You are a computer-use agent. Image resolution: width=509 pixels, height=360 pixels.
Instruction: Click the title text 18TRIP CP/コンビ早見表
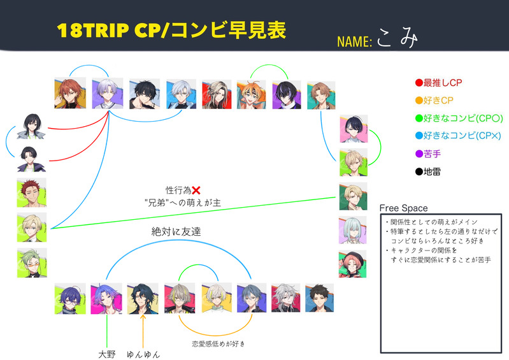pyautogui.click(x=171, y=30)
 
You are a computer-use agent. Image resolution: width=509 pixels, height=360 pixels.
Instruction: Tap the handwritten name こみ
pyautogui.click(x=396, y=39)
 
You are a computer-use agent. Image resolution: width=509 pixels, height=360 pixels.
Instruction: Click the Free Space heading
pyautogui.click(x=403, y=208)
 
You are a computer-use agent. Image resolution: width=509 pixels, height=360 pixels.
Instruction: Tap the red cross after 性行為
pyautogui.click(x=196, y=190)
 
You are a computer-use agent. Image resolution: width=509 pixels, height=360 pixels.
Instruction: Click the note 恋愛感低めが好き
pyautogui.click(x=219, y=344)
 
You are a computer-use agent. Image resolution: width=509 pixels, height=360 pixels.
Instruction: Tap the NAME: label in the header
pyautogui.click(x=354, y=42)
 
